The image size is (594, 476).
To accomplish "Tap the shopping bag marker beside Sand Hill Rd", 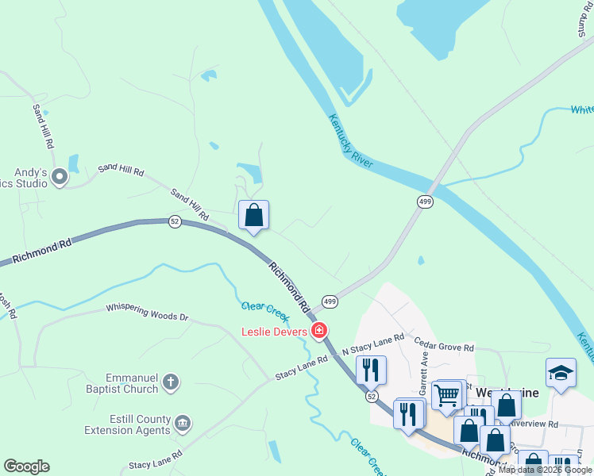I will click(253, 214).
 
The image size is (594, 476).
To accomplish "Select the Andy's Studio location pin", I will click(60, 178).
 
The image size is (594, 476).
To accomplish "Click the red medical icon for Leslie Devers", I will click(320, 331).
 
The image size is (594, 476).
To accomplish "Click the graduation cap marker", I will click(561, 373).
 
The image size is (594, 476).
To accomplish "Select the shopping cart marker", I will click(447, 393).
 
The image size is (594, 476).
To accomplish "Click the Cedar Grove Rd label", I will click(444, 346).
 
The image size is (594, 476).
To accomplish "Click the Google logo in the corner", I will click(26, 466).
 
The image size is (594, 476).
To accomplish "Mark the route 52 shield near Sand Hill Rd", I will click(175, 222).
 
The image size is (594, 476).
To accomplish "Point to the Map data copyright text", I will click(545, 470).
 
